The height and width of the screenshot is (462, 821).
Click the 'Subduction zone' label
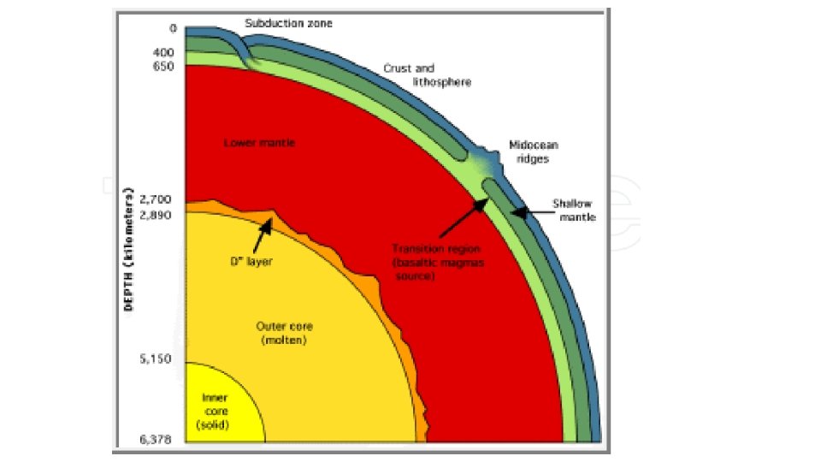tap(287, 23)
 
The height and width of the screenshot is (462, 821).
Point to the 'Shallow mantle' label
tap(572, 210)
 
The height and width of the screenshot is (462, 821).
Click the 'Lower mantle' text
tap(259, 143)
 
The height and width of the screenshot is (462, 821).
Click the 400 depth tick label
tap(164, 52)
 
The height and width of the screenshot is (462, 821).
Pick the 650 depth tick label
tap(164, 66)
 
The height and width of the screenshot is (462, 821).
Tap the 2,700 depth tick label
tap(157, 198)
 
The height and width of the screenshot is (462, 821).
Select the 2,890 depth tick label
tap(157, 214)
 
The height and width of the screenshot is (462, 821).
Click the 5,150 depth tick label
tap(157, 359)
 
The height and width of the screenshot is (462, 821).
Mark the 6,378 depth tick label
tap(157, 440)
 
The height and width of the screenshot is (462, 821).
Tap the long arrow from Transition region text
tap(463, 216)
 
